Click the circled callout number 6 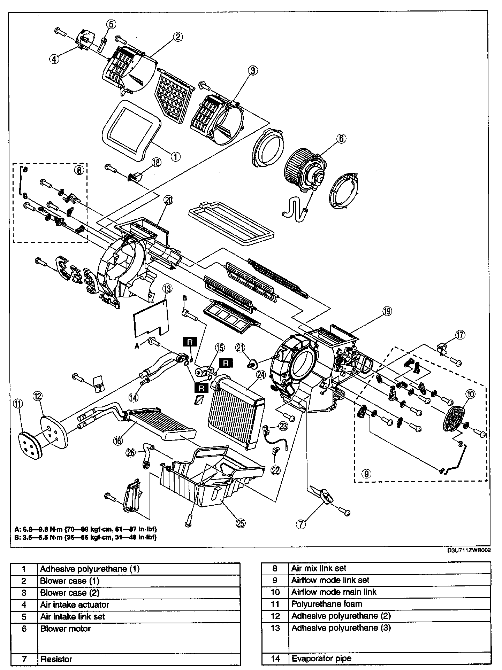(341, 138)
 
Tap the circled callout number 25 (240, 523)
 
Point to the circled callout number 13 (167, 288)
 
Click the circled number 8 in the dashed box (79, 170)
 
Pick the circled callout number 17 (460, 335)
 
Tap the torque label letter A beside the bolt (137, 346)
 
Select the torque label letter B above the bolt (185, 298)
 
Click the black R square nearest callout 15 (226, 363)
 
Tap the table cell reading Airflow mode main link (334, 592)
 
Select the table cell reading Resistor (56, 659)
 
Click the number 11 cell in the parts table (275, 604)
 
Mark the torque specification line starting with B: (85, 537)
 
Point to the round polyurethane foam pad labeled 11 (30, 446)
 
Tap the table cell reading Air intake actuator (75, 605)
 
